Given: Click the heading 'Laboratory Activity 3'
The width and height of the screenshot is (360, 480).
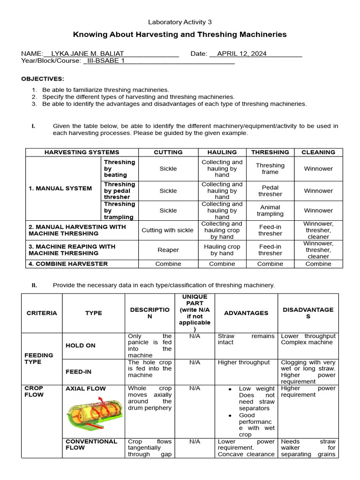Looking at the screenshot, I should coord(180,22).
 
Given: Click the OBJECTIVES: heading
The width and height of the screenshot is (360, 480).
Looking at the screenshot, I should coord(43,78).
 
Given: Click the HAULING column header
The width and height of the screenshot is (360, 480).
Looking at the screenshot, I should coord(222,152).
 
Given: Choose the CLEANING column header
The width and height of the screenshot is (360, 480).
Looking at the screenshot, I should coord(318,152).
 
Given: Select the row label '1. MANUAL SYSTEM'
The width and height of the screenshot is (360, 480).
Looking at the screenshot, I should coord(60,188).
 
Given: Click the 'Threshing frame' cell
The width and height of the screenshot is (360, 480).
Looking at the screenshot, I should coord(270,169).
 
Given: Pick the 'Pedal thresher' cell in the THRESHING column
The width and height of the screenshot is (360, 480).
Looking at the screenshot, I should coord(270,191).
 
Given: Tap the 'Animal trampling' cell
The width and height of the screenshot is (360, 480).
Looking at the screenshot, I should coord(270,210).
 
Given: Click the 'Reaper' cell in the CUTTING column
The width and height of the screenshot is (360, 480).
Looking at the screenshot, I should coord(168,250).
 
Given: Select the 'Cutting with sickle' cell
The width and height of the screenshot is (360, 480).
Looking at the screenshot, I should coord(167,230).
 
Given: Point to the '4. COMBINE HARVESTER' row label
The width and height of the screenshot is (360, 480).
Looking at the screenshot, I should coord(68,264).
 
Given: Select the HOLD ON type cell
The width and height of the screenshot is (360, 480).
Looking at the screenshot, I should coord(81,345).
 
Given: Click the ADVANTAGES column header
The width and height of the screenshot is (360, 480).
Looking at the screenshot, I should coord(246,313).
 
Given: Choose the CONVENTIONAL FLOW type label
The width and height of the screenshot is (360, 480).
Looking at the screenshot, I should coord(91,444).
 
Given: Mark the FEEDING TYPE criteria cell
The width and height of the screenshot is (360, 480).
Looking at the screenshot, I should coord(39,359).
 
